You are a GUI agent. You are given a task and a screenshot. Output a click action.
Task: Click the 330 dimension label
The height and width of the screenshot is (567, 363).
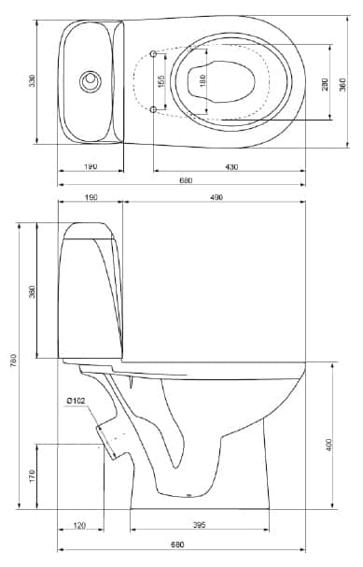[33, 80]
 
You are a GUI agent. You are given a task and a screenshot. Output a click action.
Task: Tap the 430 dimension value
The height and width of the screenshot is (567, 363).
[231, 167]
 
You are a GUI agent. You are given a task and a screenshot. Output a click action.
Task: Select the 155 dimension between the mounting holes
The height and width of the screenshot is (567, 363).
[161, 81]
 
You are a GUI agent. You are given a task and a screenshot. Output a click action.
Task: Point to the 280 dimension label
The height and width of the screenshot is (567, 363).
[325, 84]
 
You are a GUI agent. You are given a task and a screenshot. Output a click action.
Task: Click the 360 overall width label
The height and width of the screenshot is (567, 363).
[342, 84]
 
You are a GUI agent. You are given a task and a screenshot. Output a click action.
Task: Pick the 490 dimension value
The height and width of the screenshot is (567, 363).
[216, 197]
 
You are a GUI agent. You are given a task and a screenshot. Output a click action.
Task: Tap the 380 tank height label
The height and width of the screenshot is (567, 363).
[33, 291]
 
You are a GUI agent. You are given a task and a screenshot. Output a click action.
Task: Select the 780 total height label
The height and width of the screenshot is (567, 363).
[13, 360]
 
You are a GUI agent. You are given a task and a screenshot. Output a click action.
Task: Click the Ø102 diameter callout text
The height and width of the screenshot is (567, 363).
[76, 401]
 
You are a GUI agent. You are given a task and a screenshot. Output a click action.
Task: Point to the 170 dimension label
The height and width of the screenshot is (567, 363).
[33, 475]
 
